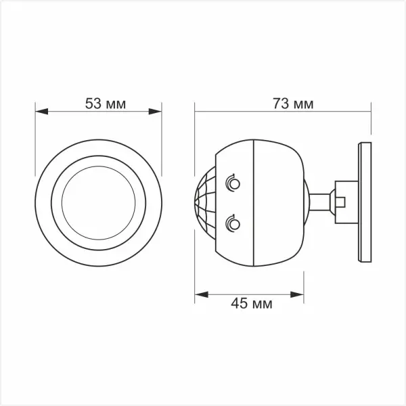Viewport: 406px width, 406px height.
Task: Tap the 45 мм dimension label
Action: pyautogui.click(x=251, y=304)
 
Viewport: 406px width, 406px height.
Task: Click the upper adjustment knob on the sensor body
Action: pyautogui.click(x=233, y=181)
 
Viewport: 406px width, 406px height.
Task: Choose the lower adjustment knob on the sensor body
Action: pyautogui.click(x=233, y=222)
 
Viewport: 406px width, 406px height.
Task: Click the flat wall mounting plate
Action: pyautogui.click(x=366, y=201)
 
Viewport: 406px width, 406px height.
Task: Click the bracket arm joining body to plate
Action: pyautogui.click(x=321, y=201)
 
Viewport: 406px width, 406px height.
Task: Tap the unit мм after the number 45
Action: pyautogui.click(x=263, y=304)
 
